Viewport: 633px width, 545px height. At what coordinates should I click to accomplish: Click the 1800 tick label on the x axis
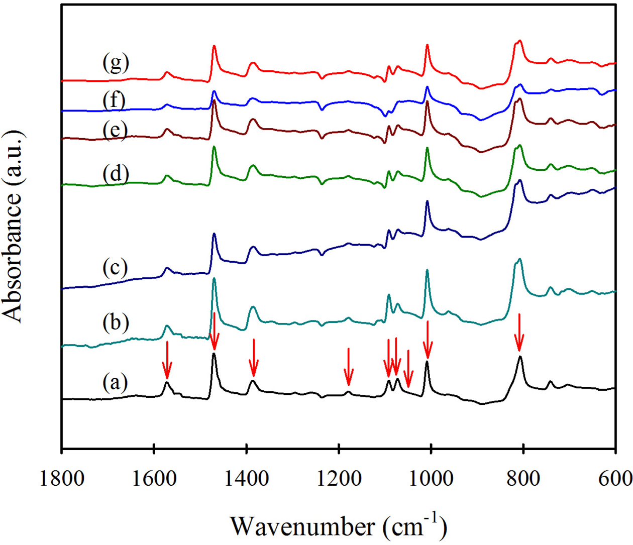[62, 478]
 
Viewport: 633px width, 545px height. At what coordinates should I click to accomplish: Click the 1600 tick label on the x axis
[154, 478]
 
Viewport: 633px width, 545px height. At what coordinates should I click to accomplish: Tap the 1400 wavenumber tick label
[246, 478]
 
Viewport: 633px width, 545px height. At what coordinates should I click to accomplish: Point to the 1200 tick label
[339, 478]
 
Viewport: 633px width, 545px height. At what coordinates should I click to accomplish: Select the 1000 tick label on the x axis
[431, 478]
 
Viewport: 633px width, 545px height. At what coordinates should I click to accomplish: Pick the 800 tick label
[523, 478]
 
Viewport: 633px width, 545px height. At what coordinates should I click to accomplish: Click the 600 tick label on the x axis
[614, 478]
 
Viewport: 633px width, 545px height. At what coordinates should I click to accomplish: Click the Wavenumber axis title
[339, 525]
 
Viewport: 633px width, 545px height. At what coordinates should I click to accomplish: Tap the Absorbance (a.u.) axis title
[14, 226]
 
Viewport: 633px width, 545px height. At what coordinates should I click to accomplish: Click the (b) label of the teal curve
[115, 321]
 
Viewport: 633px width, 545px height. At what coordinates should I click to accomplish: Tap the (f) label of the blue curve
[114, 100]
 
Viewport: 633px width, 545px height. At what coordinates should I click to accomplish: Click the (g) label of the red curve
[116, 63]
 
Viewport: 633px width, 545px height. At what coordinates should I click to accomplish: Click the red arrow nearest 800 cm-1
[519, 332]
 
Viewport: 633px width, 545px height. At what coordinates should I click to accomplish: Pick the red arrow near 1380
[254, 357]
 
